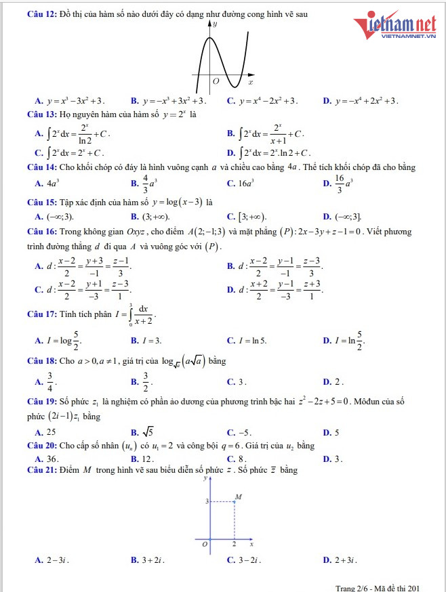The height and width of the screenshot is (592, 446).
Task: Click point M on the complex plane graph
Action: tap(235, 502)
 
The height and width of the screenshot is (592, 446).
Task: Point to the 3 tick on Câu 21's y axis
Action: tap(206, 501)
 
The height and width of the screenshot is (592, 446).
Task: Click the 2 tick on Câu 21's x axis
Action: tap(235, 545)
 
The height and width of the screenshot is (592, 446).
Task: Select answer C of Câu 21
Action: tap(246, 560)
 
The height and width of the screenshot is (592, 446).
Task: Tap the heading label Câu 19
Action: tap(41, 401)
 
